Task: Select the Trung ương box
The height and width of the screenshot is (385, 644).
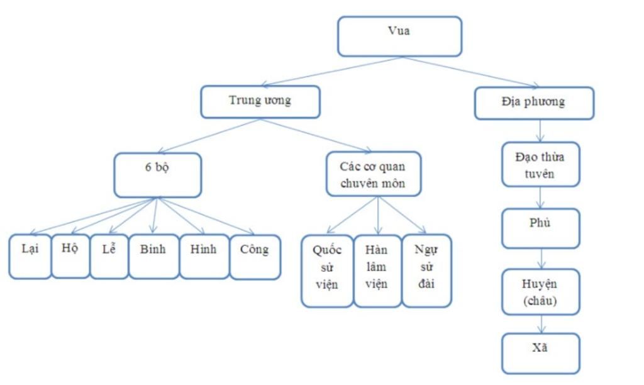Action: click(x=260, y=101)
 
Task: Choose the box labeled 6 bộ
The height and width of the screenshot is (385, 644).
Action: click(x=157, y=175)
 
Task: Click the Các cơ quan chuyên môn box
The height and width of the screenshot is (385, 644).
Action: click(x=374, y=174)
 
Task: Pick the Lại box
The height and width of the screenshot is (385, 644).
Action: click(x=30, y=255)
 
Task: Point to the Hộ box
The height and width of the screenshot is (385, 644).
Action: click(x=70, y=255)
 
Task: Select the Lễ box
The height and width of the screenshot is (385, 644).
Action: click(x=109, y=255)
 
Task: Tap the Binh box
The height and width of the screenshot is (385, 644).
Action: click(x=153, y=256)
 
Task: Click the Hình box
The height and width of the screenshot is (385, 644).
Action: click(x=204, y=256)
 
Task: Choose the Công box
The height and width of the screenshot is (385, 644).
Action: click(x=254, y=257)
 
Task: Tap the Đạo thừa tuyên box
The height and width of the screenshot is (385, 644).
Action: click(x=540, y=164)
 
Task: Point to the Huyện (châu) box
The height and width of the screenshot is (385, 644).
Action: click(x=540, y=291)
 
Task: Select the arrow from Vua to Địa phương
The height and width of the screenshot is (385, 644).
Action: click(x=472, y=71)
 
